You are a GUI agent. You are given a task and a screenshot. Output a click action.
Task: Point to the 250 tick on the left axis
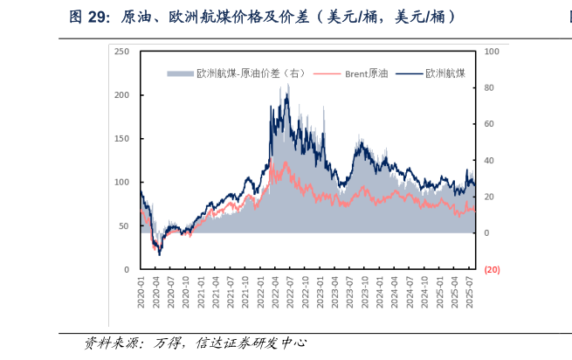coord(122,52)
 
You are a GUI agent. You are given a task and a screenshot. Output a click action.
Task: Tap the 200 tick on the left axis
coord(122,95)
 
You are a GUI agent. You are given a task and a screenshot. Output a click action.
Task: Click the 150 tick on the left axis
coord(122,139)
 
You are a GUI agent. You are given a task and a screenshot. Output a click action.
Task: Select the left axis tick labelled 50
coord(125,226)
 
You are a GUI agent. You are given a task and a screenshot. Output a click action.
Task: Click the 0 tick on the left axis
coord(127,270)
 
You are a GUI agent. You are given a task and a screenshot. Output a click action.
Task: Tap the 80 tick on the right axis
coord(490,88)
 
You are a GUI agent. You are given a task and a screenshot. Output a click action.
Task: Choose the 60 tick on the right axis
coord(490,124)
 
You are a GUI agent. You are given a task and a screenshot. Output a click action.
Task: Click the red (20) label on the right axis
coord(492,270)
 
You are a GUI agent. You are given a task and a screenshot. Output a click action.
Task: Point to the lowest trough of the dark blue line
coord(160,255)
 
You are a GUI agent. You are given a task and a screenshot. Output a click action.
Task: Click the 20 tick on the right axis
coord(490,197)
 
